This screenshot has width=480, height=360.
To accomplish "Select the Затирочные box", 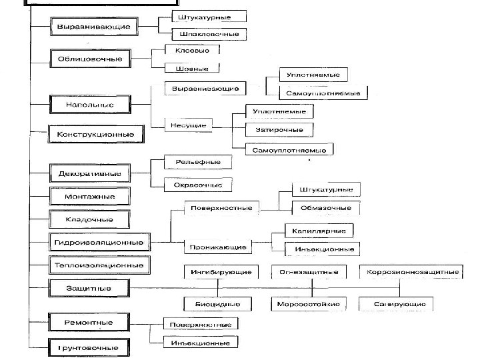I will [279, 129].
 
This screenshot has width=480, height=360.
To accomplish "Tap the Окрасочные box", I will [193, 183].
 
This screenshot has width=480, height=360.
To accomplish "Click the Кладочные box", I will [89, 219].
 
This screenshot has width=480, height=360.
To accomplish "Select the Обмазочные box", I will [326, 208].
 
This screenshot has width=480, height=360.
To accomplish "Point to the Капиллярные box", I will [319, 230].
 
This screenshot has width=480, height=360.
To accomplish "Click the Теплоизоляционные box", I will [98, 265].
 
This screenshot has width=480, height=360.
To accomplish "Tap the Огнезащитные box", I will [309, 272].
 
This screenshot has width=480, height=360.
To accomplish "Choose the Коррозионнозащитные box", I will [411, 272].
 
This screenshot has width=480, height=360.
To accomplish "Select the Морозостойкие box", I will [308, 305].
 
